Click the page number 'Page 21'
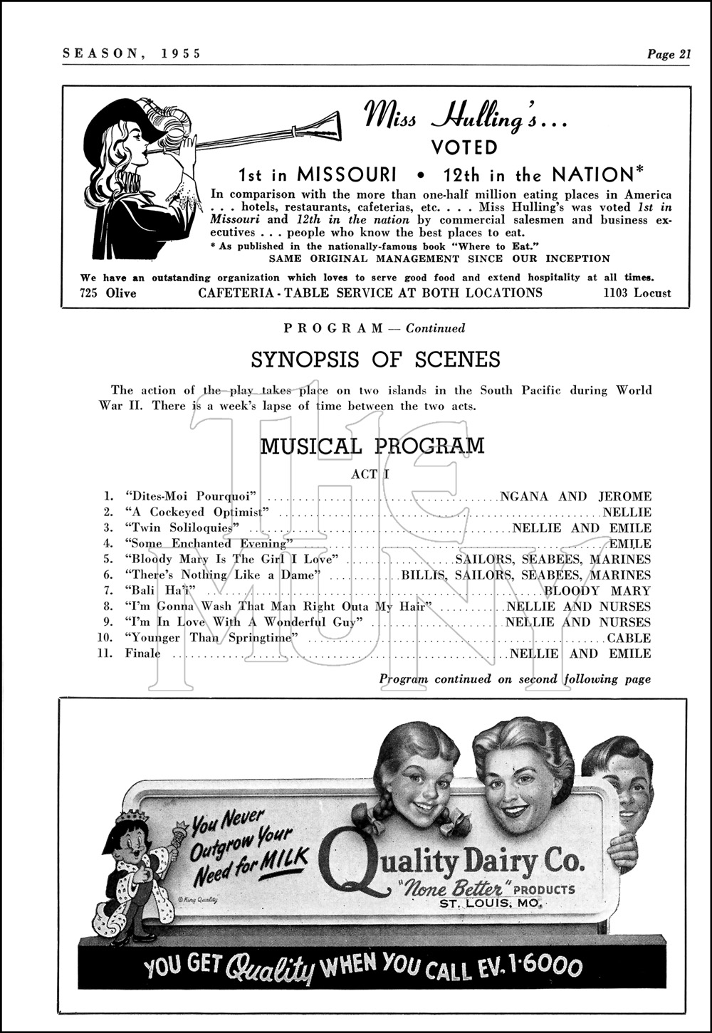click(669, 53)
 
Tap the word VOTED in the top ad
click(465, 147)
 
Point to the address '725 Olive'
click(108, 293)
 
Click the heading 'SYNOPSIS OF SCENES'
click(376, 360)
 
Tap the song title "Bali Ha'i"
click(160, 591)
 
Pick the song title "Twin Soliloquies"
click(181, 528)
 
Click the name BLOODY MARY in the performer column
click(597, 591)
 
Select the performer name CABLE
click(629, 638)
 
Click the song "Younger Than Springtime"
click(211, 638)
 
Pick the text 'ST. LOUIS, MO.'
click(491, 903)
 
